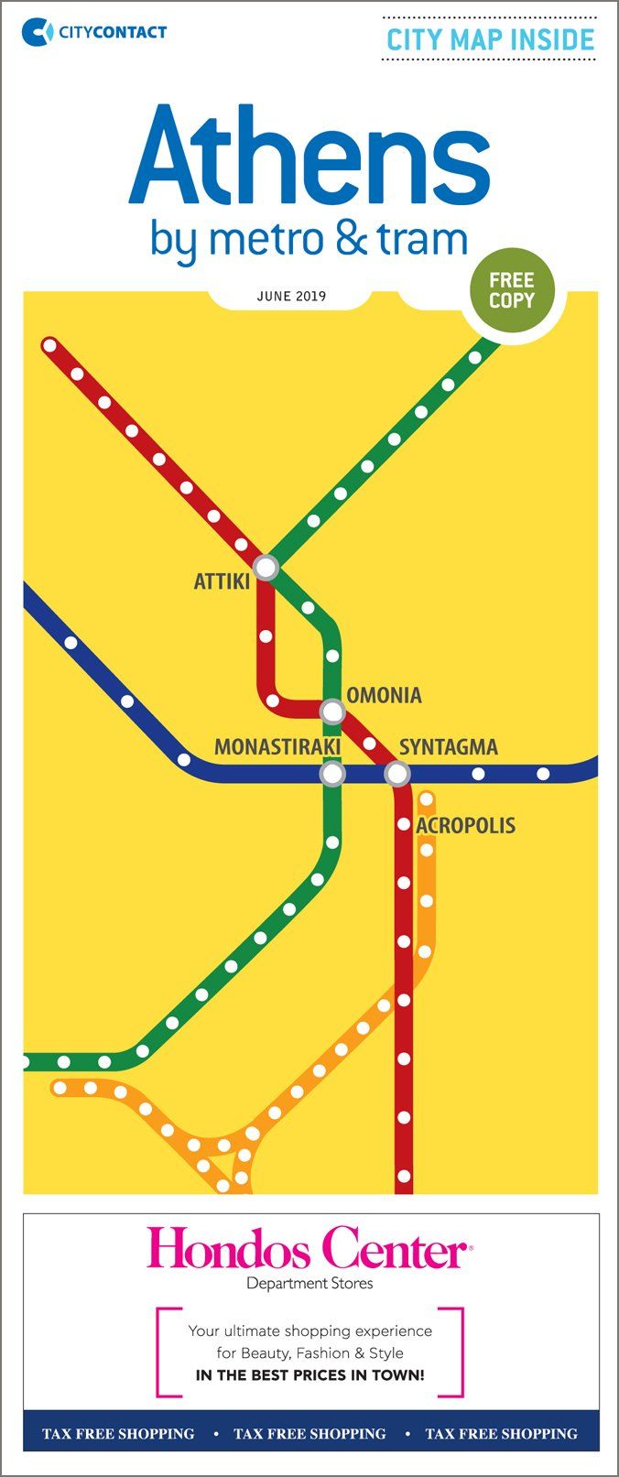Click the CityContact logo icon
38,32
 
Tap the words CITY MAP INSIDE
490,40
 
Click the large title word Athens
309,158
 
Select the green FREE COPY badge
511,290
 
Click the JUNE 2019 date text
291,297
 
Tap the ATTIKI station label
222,581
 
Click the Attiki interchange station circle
266,568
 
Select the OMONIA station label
385,696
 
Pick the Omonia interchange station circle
331,711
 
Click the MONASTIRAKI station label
277,747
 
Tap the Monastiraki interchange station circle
331,775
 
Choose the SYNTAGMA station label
449,747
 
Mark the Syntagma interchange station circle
396,775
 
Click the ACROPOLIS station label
466,826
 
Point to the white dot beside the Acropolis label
404,825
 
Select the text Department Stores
309,1284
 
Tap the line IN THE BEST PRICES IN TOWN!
309,1375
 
